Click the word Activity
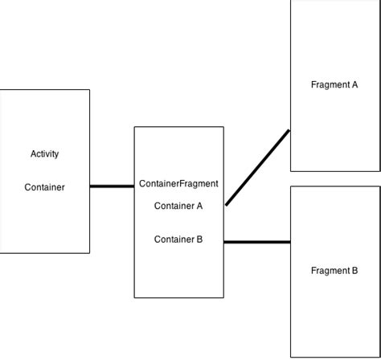point(44,153)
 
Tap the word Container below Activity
point(44,187)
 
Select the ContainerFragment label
point(178,183)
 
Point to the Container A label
point(178,206)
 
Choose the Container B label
point(178,239)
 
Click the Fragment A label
point(334,84)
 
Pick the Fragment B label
point(334,271)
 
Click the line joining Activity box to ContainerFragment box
point(112,186)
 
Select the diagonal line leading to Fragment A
point(257,167)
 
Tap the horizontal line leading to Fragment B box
point(256,241)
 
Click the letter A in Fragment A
point(354,84)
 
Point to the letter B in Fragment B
point(354,271)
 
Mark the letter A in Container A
point(199,206)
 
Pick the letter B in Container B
point(199,239)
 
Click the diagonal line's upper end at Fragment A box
point(288,132)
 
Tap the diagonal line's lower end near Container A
point(227,203)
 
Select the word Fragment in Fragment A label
point(330,84)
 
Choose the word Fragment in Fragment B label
point(330,271)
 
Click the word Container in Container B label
point(174,239)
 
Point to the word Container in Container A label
point(174,206)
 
